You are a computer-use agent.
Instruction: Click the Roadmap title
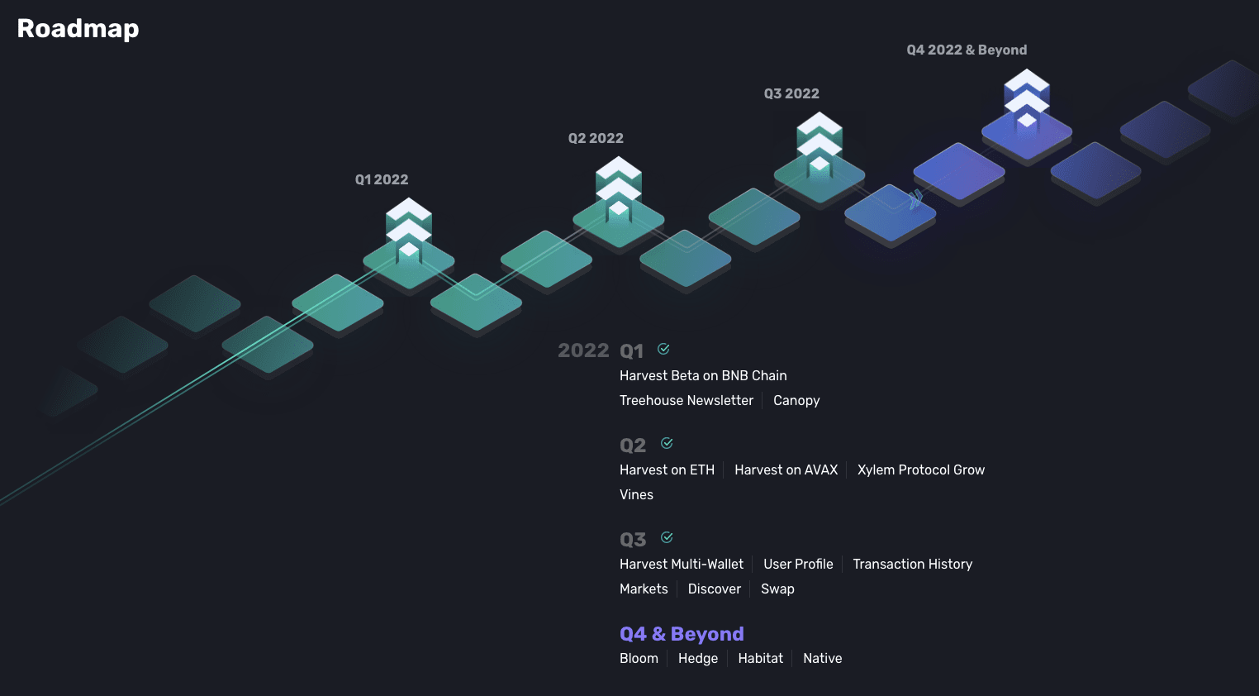(x=78, y=29)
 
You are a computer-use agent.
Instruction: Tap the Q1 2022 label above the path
(x=382, y=180)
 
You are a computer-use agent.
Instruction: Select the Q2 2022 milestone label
(x=596, y=138)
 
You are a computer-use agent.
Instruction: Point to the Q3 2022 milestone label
(x=791, y=94)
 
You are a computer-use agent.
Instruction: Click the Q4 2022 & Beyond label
(x=967, y=50)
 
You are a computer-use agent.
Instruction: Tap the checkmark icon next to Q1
(x=664, y=349)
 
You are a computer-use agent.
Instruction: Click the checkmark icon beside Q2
(x=668, y=443)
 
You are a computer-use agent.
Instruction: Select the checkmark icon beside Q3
(x=668, y=537)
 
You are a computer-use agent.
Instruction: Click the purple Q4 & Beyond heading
(x=682, y=634)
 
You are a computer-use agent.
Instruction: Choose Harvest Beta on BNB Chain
(x=703, y=375)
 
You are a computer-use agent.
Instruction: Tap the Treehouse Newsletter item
(x=687, y=400)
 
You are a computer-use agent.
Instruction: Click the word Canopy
(x=796, y=401)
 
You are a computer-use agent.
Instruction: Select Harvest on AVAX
(x=786, y=470)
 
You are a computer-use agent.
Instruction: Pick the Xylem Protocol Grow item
(x=921, y=470)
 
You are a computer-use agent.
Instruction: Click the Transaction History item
(x=913, y=565)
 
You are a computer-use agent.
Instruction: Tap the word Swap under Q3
(x=778, y=589)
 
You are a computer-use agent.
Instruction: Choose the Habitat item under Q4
(x=761, y=658)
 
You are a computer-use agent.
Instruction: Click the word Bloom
(x=639, y=658)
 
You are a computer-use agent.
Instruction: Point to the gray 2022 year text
(x=583, y=350)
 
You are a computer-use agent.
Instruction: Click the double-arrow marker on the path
(x=915, y=199)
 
